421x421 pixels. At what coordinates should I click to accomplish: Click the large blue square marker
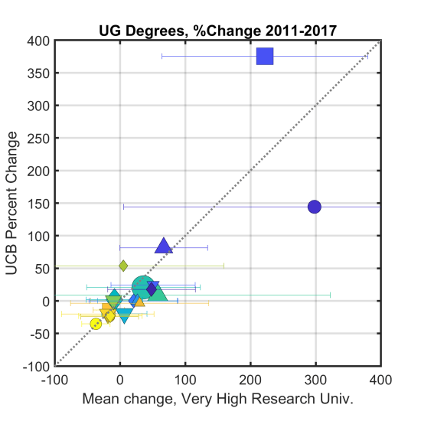[265, 56]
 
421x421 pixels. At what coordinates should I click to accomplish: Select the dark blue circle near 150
[314, 207]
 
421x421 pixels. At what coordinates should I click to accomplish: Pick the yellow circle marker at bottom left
[96, 324]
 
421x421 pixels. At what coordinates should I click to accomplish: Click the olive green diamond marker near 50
[123, 266]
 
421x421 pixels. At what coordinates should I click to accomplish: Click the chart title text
[218, 31]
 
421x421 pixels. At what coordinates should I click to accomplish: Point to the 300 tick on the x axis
[315, 379]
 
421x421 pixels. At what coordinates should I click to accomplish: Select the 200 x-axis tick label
[250, 379]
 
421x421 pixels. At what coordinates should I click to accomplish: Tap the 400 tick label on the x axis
[380, 379]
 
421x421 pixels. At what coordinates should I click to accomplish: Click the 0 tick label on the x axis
[120, 379]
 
